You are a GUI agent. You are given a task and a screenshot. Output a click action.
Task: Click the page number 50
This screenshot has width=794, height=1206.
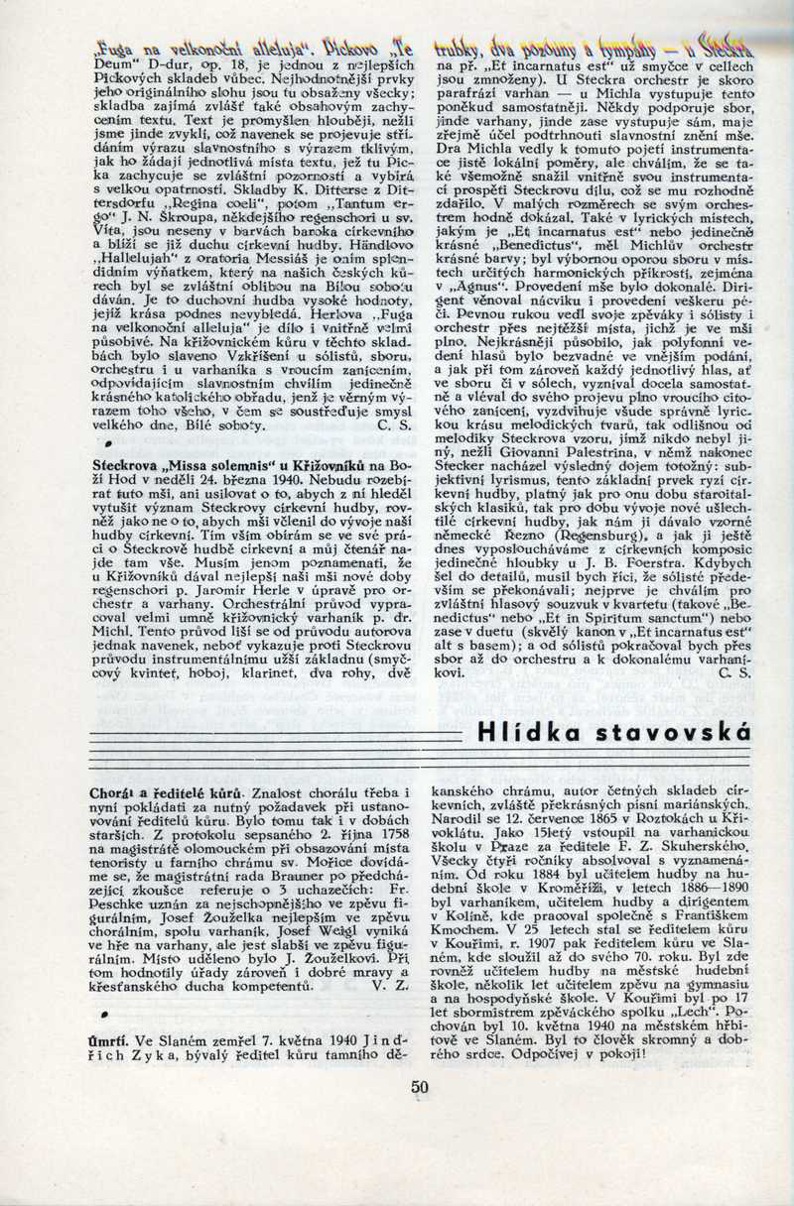(x=420, y=1086)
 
